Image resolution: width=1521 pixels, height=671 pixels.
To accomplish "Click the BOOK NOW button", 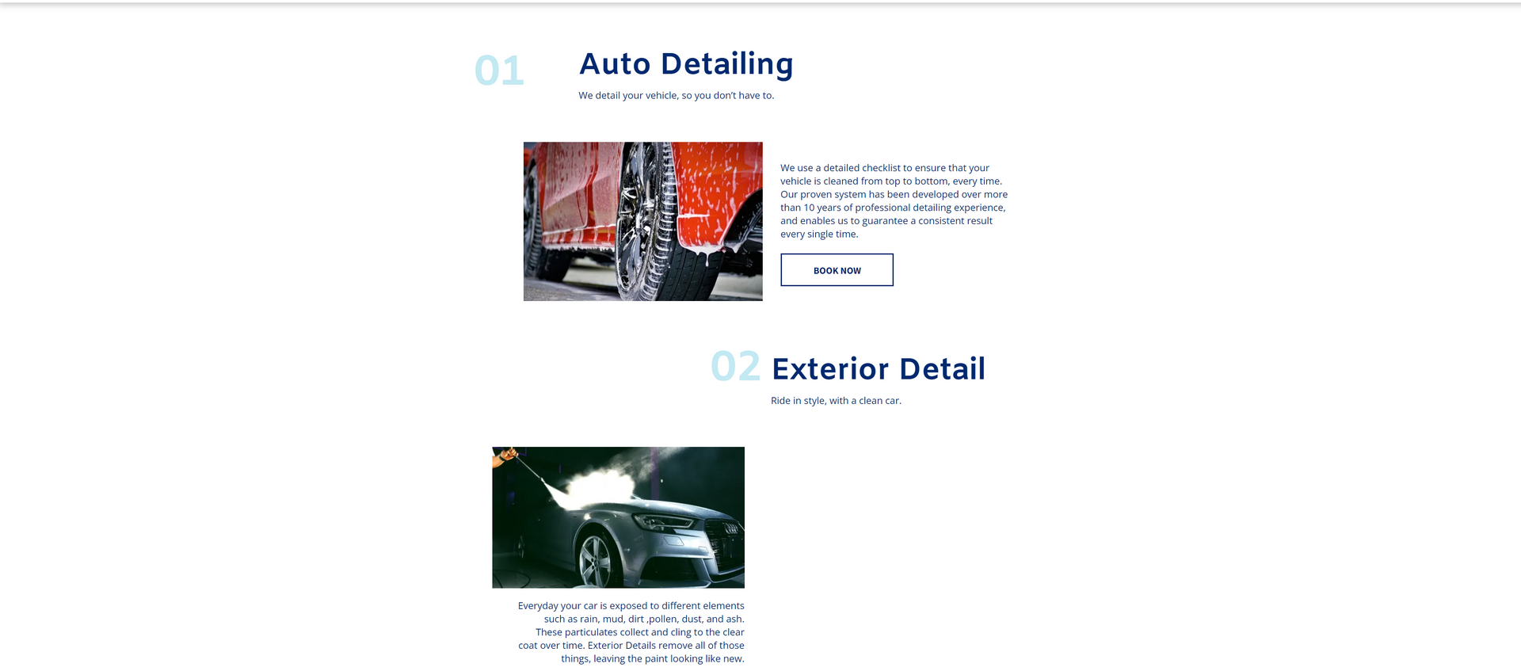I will [837, 270].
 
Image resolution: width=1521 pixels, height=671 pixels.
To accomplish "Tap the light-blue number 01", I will [499, 71].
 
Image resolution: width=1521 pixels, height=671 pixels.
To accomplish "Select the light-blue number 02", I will [735, 367].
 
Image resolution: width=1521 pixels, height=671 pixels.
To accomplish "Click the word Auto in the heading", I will [615, 64].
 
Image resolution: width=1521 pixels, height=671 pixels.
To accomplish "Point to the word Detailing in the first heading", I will [726, 64].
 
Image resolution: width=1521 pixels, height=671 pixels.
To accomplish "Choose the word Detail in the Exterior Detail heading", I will [942, 369].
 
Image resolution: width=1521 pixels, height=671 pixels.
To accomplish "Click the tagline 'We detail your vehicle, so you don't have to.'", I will [676, 96].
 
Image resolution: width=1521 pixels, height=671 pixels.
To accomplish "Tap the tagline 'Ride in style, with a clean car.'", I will [836, 401].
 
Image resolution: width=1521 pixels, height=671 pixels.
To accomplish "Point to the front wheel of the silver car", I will [597, 558].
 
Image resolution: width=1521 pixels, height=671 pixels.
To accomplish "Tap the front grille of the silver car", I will [726, 535].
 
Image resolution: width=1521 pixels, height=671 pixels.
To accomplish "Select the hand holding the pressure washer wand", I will [504, 456].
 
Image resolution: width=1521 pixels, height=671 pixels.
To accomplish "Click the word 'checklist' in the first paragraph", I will [881, 168].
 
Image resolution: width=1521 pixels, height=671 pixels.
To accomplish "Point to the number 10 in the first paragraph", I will [809, 208].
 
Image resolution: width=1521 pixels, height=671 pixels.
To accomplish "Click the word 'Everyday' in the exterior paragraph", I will [538, 606].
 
